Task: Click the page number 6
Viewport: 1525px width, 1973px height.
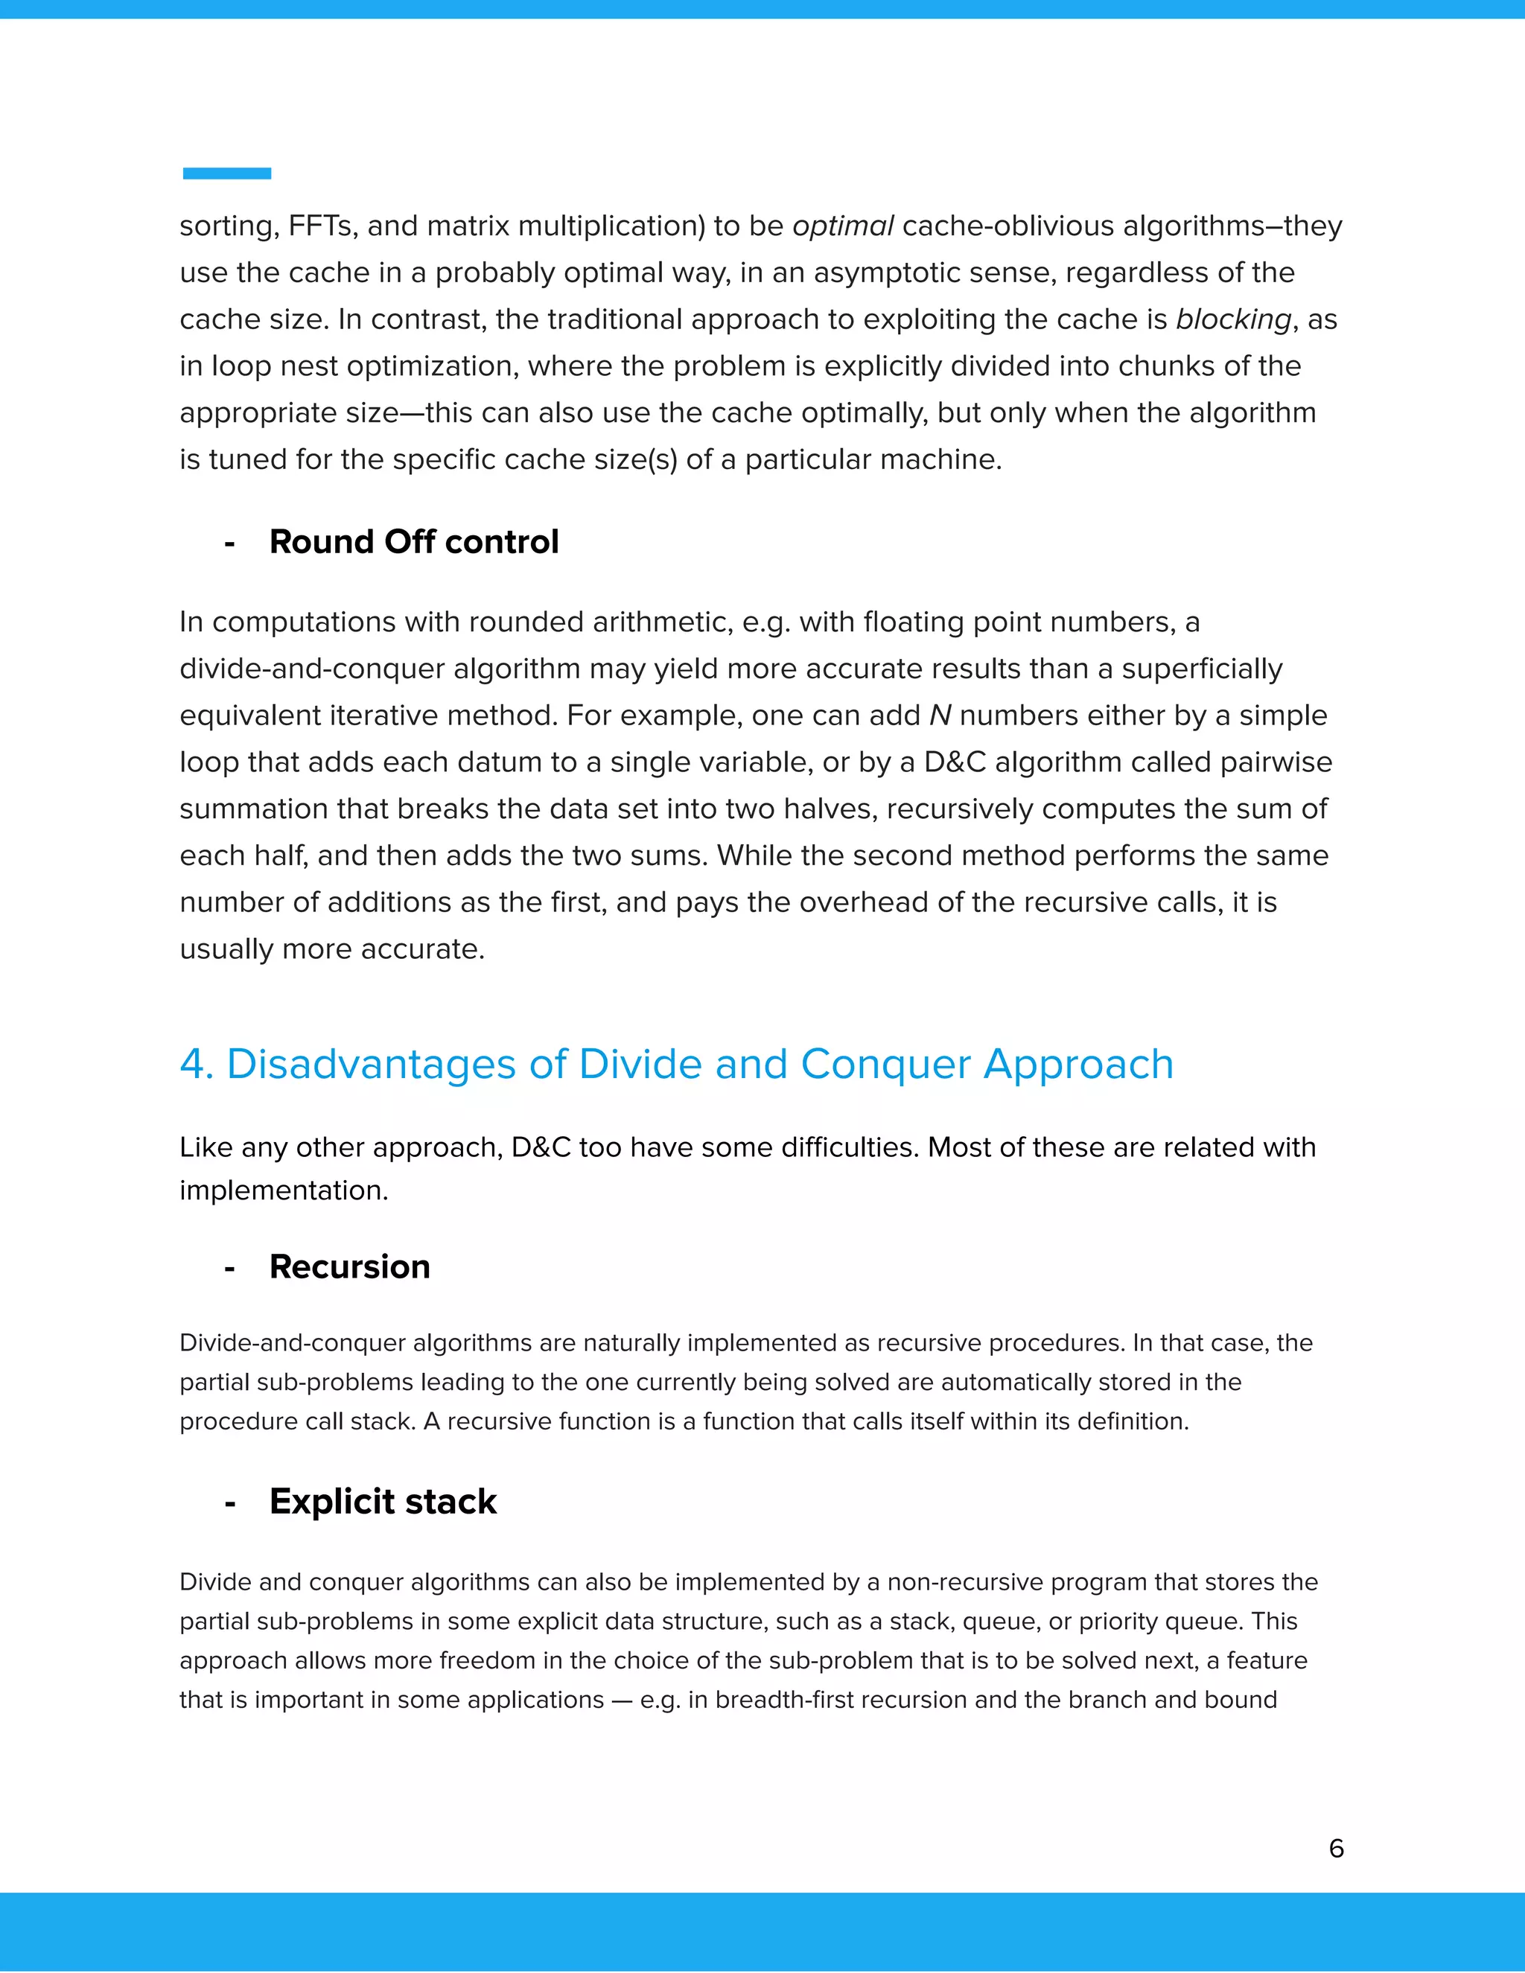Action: pyautogui.click(x=1336, y=1849)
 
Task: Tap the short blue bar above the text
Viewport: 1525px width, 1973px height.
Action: pyautogui.click(x=227, y=173)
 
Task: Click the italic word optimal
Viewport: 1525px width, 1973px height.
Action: pyautogui.click(x=843, y=226)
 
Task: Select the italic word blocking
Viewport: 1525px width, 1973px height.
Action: pyautogui.click(x=1233, y=320)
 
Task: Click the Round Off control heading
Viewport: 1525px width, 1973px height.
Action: pyautogui.click(x=414, y=542)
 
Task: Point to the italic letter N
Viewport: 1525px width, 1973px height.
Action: pyautogui.click(x=940, y=715)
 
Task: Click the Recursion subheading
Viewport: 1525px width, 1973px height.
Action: pyautogui.click(x=350, y=1266)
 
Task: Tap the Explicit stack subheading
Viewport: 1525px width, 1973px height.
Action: pyautogui.click(x=383, y=1502)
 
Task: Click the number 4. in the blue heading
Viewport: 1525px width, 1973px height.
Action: pyautogui.click(x=196, y=1064)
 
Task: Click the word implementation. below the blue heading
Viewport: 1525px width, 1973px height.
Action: pyautogui.click(x=284, y=1191)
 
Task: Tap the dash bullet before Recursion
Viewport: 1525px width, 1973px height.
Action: pyautogui.click(x=229, y=1269)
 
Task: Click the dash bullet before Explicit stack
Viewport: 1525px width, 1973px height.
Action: pyautogui.click(x=229, y=1503)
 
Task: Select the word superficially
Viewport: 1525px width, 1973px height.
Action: pyautogui.click(x=1202, y=669)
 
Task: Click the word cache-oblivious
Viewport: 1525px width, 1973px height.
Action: pyautogui.click(x=1007, y=226)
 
